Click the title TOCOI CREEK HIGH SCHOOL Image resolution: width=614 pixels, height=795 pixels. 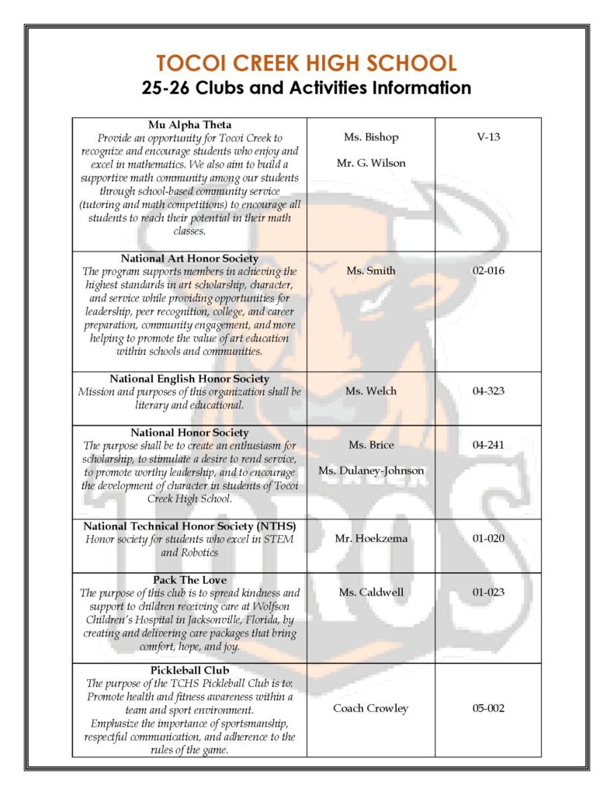[307, 63]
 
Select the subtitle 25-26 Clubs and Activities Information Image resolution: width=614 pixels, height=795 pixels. [307, 88]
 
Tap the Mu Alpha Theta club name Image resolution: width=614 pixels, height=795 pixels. [189, 124]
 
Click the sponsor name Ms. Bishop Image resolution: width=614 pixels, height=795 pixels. [370, 137]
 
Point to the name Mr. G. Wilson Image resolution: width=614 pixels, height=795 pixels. [370, 163]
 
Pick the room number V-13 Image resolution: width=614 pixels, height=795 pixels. [488, 137]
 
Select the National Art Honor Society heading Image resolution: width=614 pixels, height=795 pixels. [189, 258]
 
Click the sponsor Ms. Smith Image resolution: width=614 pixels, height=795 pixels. [370, 271]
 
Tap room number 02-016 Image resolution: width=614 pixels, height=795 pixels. [488, 271]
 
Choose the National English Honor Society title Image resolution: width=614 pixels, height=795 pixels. [189, 378]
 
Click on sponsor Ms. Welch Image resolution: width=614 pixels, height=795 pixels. [370, 391]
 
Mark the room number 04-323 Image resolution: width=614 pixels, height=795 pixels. [488, 391]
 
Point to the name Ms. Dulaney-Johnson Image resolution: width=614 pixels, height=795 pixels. [370, 470]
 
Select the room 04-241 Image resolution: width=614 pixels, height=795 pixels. [488, 445]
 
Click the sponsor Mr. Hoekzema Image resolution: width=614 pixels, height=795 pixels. [370, 539]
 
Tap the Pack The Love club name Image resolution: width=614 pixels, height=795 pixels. [189, 579]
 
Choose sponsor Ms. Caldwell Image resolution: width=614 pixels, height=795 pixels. [370, 592]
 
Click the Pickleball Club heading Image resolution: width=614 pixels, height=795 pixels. [189, 670]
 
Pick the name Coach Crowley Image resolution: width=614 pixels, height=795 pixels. [370, 708]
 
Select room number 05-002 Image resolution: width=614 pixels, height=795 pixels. [488, 708]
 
